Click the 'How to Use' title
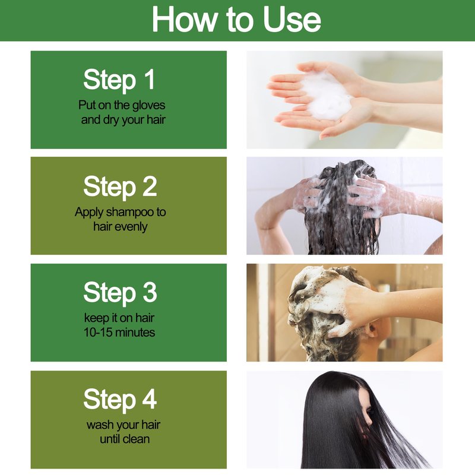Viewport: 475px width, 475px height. coord(236,20)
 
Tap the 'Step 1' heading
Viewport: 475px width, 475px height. coord(119,80)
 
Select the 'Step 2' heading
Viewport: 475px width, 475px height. coord(120,186)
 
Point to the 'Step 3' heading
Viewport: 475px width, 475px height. coord(120,293)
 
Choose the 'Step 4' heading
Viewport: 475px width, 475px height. coord(120,399)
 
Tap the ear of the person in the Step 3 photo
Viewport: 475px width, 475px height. coord(372,330)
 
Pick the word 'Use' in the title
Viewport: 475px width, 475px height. coord(292,20)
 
